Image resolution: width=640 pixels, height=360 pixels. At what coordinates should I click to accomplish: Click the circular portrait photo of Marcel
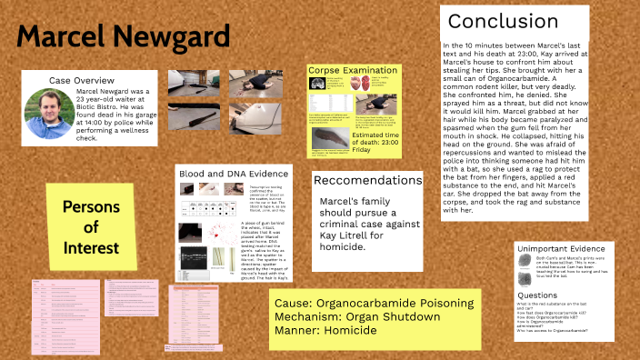(x=45, y=114)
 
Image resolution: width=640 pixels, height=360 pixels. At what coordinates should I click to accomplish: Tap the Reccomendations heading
(x=366, y=181)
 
